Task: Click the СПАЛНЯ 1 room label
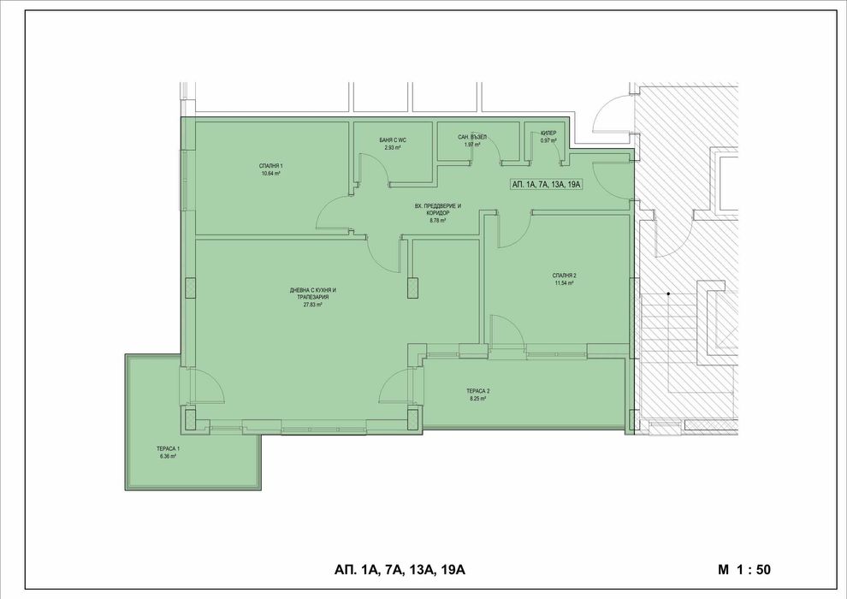tap(270, 165)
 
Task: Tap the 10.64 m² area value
tap(270, 173)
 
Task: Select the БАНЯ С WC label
tap(392, 140)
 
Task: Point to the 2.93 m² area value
tap(392, 148)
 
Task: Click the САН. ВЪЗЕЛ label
tap(471, 137)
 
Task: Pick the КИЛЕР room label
tap(547, 133)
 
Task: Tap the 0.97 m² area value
tap(547, 141)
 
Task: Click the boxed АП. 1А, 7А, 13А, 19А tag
tap(545, 184)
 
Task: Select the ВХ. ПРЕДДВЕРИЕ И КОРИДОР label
tap(437, 209)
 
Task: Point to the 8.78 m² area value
tap(437, 220)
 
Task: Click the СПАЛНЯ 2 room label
tap(564, 275)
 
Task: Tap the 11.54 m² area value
tap(564, 282)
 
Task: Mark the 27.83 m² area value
tap(312, 304)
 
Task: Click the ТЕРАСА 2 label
tap(477, 391)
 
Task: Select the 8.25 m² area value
tap(477, 399)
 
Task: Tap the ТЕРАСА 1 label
tap(168, 448)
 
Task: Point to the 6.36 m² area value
tap(168, 456)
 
